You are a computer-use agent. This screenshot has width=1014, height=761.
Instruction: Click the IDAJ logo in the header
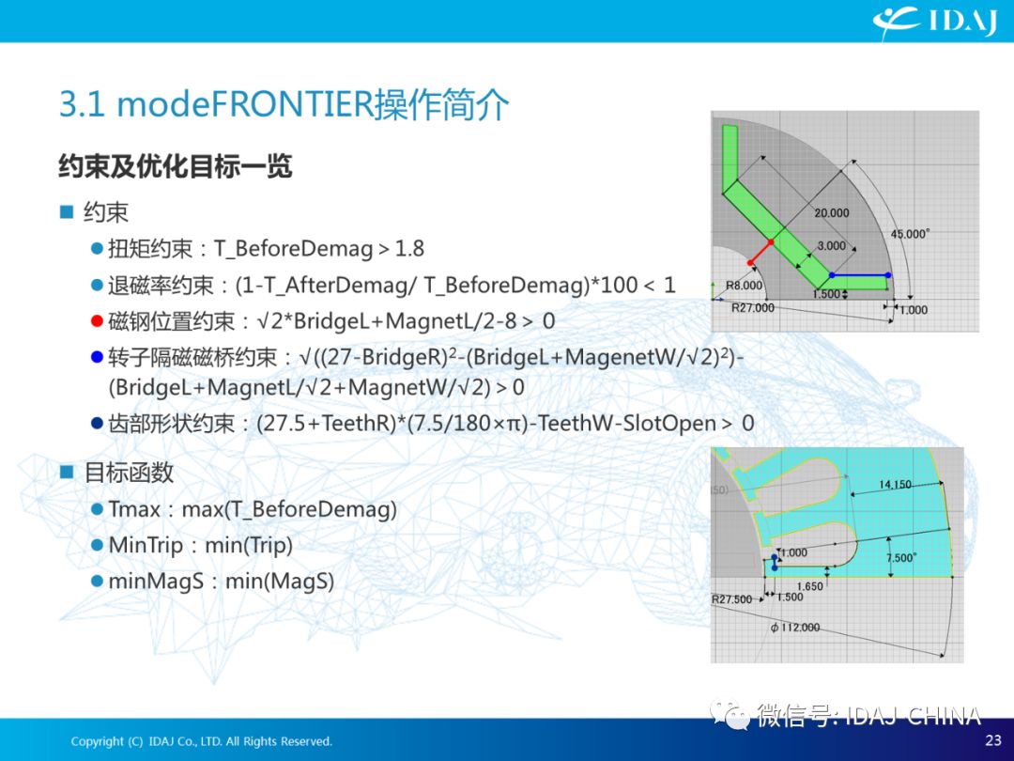point(934,22)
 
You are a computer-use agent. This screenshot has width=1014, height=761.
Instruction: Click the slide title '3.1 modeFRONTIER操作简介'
point(284,103)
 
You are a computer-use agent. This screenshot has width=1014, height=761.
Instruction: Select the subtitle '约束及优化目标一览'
point(176,166)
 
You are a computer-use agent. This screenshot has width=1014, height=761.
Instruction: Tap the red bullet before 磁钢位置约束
point(97,321)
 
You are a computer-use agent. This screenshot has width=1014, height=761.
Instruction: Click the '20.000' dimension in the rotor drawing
point(832,213)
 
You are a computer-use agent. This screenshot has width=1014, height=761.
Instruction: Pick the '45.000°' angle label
point(910,234)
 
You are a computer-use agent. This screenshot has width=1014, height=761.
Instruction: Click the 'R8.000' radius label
point(744,286)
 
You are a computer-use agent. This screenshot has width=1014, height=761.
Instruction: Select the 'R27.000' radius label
point(753,308)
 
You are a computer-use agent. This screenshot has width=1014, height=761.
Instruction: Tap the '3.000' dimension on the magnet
point(831,246)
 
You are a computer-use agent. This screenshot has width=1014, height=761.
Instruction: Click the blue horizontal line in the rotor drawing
point(859,275)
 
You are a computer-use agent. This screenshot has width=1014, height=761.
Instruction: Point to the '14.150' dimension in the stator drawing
point(895,485)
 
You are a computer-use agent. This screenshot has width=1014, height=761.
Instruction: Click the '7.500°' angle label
point(900,558)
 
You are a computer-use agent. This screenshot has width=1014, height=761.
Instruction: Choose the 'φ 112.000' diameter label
point(795,627)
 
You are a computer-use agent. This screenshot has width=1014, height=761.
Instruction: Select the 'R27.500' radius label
point(732,599)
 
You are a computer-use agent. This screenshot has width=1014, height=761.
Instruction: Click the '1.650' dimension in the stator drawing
point(809,586)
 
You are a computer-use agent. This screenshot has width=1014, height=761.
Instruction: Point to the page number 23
point(993,739)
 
